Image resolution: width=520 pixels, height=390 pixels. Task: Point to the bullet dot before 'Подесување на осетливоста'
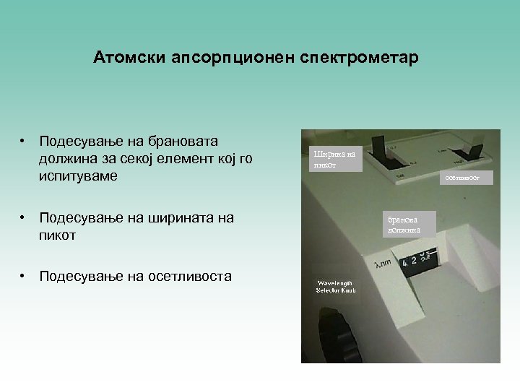pyautogui.click(x=24, y=276)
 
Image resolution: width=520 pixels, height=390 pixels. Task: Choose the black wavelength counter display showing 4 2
pyautogui.click(x=420, y=261)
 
